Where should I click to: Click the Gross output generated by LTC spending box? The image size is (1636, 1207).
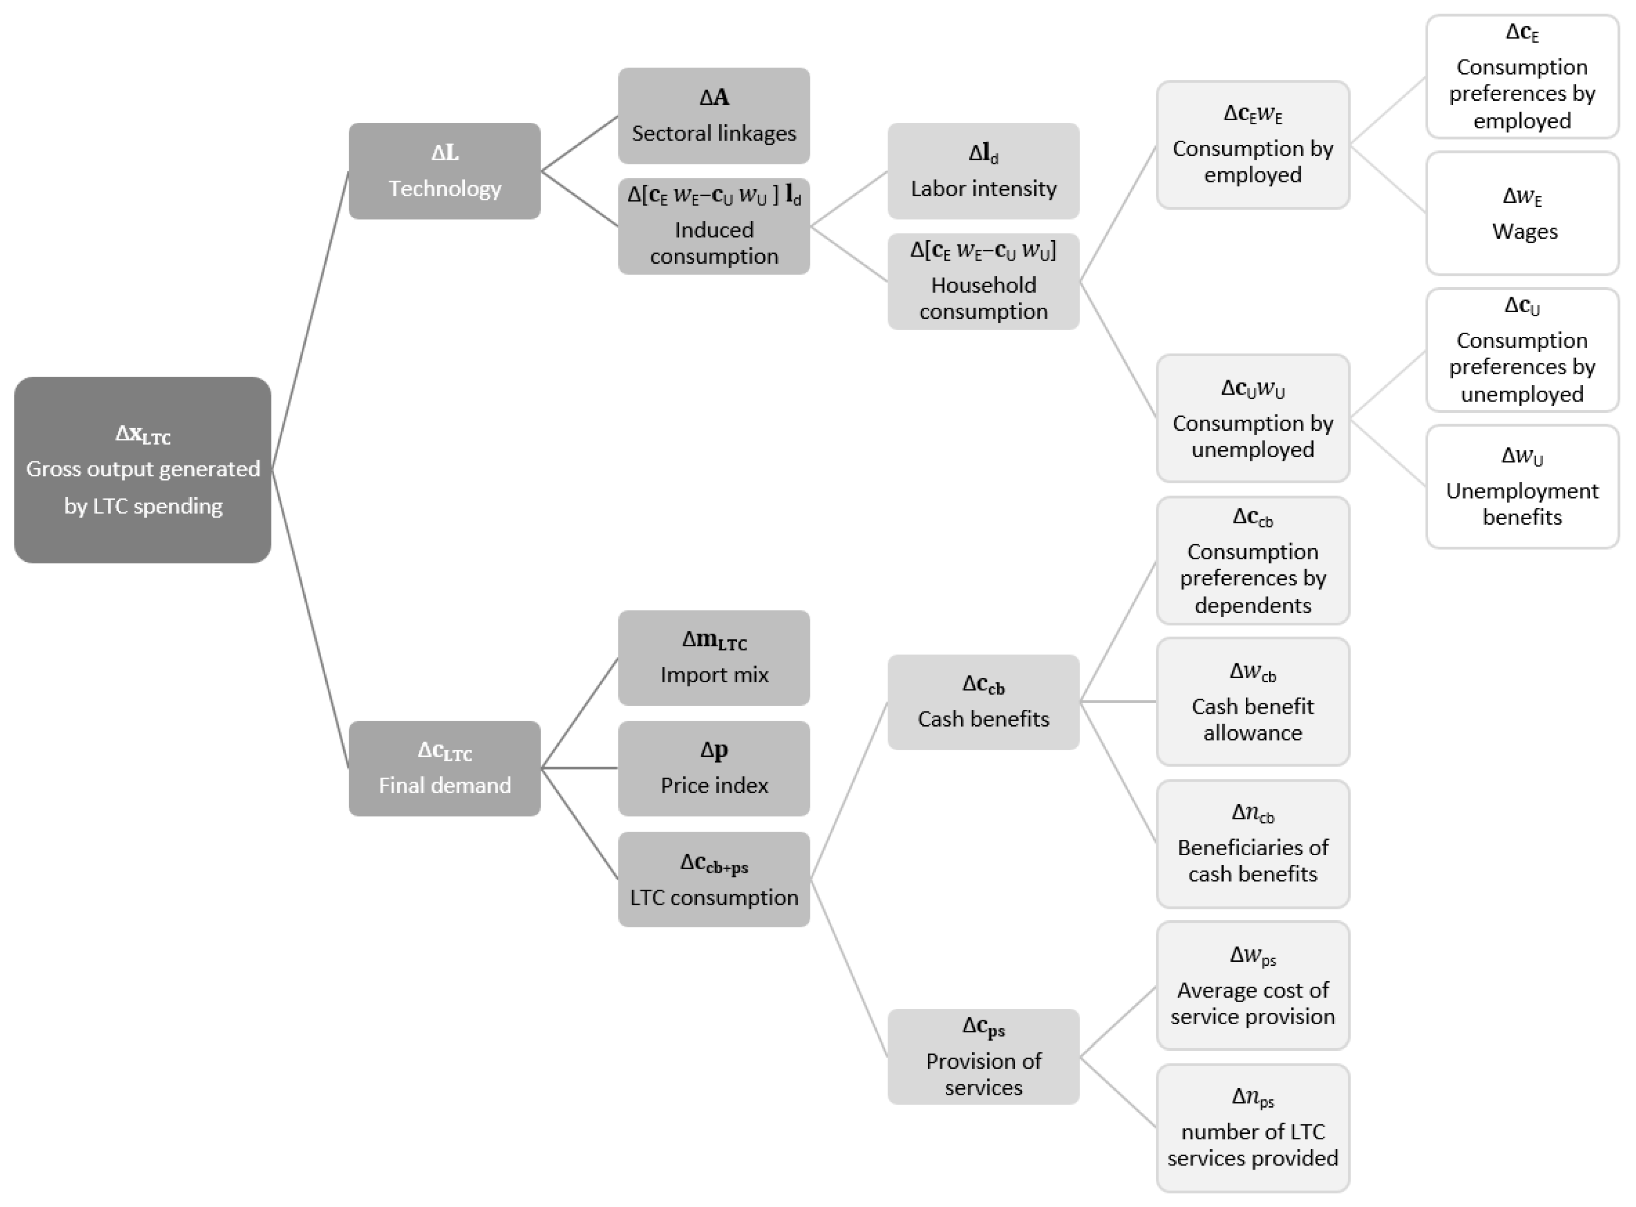tap(142, 470)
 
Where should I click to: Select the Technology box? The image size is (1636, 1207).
tap(444, 171)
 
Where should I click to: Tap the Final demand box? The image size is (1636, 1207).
tap(444, 768)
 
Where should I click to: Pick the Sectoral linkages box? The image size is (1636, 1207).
tap(714, 116)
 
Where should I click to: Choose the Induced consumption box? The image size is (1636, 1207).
tap(714, 227)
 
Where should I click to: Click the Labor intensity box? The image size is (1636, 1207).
tap(983, 171)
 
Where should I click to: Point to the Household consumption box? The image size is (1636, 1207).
tap(983, 281)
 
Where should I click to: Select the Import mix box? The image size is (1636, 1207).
tap(714, 657)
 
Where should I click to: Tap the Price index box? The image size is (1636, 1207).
tap(714, 768)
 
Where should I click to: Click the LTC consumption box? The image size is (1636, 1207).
tap(714, 879)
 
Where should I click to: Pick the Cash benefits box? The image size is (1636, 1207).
tap(983, 701)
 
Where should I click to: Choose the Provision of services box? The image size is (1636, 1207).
tap(983, 1057)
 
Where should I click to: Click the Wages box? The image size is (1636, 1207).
tap(1522, 213)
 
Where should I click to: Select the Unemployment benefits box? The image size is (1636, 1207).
tap(1522, 487)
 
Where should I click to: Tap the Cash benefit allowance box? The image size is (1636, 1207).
tap(1253, 701)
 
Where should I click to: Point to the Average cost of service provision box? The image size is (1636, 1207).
tap(1253, 986)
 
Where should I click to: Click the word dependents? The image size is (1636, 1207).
tap(1253, 605)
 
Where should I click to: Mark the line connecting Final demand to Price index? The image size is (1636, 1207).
tap(580, 768)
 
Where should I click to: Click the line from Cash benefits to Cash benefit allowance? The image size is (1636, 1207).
tap(1118, 701)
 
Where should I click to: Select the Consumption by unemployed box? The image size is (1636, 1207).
tap(1253, 418)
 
